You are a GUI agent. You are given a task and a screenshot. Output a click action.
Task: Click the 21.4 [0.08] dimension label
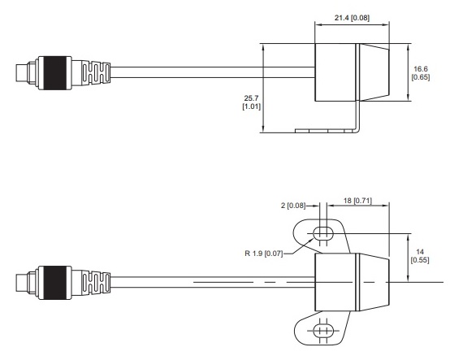click(x=352, y=18)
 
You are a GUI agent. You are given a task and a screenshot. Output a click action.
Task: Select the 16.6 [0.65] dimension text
click(x=421, y=73)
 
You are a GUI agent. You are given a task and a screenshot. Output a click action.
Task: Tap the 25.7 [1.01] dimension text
click(x=252, y=102)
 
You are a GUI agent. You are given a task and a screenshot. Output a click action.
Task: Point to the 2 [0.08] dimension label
click(x=293, y=206)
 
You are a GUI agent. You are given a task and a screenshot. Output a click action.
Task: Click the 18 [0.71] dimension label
click(x=357, y=201)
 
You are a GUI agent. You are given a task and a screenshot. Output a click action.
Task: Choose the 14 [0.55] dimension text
click(x=420, y=256)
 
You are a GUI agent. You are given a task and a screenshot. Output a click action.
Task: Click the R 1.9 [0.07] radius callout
click(x=263, y=254)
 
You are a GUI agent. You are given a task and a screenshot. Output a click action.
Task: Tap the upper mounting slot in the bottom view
click(x=323, y=233)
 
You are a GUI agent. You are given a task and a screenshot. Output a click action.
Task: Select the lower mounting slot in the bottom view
click(x=323, y=331)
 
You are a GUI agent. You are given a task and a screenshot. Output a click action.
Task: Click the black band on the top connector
click(x=54, y=73)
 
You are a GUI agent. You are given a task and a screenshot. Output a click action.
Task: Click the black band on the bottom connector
click(x=54, y=283)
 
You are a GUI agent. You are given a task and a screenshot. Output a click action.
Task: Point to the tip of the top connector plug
click(x=16, y=73)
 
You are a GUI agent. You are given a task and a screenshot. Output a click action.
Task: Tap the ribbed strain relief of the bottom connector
click(x=96, y=283)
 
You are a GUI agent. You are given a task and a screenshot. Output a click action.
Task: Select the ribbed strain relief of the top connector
click(x=96, y=73)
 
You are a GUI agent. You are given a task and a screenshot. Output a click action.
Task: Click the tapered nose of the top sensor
click(x=374, y=72)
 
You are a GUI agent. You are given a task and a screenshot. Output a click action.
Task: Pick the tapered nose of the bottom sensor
click(x=374, y=282)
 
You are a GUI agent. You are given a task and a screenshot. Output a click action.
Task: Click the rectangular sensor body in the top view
click(x=335, y=72)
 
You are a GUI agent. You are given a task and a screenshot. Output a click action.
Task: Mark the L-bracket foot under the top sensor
click(x=327, y=131)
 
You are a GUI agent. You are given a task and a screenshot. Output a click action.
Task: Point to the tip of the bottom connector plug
click(x=16, y=283)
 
